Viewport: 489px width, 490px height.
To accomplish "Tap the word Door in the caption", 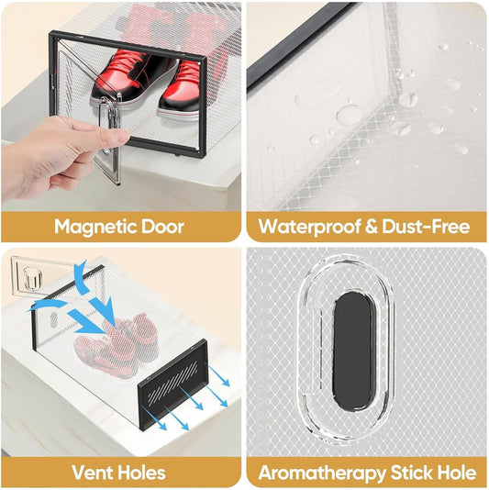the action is (x=162, y=227).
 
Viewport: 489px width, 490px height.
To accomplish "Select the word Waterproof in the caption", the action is (x=309, y=228).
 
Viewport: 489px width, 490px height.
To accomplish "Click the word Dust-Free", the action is (x=426, y=227).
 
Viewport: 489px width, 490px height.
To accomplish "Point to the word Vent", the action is (x=93, y=473).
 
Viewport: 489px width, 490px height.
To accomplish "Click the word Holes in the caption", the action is (x=142, y=473).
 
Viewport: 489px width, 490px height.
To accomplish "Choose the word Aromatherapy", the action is (x=322, y=473).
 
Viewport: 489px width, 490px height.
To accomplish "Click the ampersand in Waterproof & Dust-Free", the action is (x=371, y=227).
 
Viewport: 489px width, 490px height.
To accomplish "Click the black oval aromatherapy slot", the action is (x=353, y=351).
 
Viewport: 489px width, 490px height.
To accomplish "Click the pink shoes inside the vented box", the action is (x=117, y=345).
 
